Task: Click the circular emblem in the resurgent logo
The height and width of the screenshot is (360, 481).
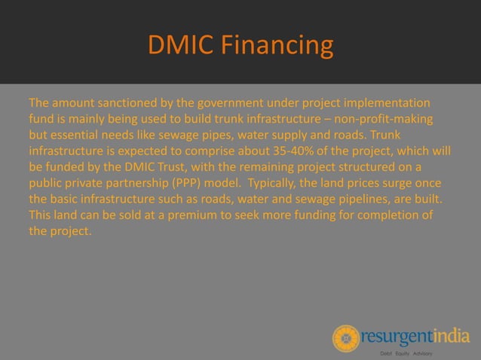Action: click(x=346, y=337)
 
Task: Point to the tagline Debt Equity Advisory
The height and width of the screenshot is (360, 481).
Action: click(x=410, y=353)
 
